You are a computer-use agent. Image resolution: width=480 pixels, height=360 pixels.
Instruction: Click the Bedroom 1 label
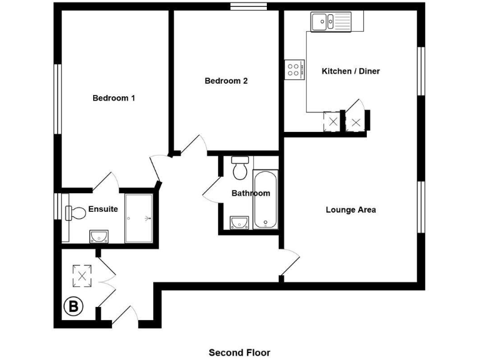click(114, 98)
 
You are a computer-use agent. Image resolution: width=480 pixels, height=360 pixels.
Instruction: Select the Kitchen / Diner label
click(351, 71)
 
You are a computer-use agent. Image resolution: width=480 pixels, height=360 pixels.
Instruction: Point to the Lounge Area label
click(351, 210)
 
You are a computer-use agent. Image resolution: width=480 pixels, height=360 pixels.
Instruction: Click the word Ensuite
click(102, 209)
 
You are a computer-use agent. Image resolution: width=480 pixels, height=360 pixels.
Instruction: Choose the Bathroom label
click(251, 193)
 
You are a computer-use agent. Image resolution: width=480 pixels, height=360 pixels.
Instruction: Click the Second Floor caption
click(239, 352)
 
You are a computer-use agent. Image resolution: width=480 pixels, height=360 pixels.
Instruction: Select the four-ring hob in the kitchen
click(294, 69)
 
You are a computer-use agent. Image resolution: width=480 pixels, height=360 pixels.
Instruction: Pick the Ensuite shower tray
click(138, 218)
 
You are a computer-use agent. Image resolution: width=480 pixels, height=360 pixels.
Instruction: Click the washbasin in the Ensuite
click(99, 236)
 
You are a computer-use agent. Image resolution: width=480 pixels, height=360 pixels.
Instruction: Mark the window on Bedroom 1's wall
click(58, 99)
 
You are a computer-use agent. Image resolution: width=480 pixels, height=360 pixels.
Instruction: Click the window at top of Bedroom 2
click(248, 7)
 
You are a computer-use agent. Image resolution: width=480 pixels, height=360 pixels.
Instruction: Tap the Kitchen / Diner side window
click(421, 71)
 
